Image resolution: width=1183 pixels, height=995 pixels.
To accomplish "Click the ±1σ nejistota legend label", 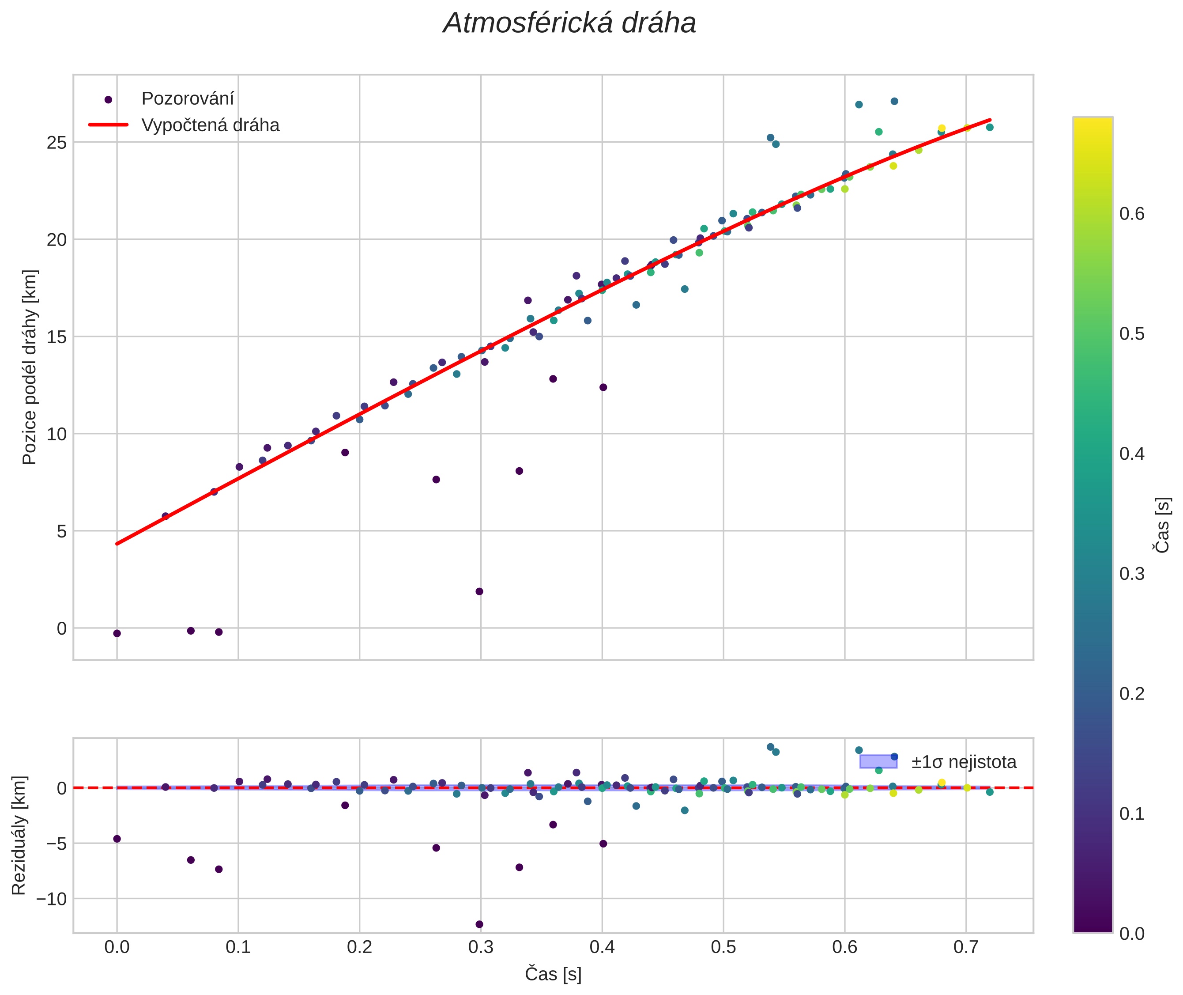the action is click(x=964, y=762).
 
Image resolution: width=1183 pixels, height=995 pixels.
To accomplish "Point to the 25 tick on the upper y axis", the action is click(x=57, y=142).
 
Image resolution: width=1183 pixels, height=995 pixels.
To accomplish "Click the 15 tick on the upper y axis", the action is click(x=57, y=337).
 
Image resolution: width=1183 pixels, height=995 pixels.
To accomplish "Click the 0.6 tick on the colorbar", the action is click(x=1132, y=214).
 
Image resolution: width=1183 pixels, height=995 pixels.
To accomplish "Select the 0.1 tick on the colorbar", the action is click(x=1132, y=814).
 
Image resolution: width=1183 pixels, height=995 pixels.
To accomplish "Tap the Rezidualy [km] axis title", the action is click(x=19, y=836).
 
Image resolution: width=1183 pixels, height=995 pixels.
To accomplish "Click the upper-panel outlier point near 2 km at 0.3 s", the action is click(x=479, y=592).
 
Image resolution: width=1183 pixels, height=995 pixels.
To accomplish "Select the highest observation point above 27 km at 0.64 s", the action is click(x=894, y=102).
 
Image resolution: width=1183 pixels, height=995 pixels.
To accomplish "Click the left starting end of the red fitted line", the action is click(x=117, y=544).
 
